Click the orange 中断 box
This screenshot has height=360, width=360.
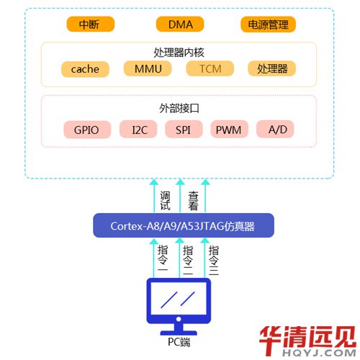(x=91, y=24)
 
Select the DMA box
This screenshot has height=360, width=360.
(x=180, y=24)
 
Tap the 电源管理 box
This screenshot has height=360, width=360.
(x=268, y=24)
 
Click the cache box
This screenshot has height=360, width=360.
(x=85, y=69)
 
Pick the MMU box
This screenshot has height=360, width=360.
(x=148, y=68)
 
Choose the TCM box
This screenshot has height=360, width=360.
(x=210, y=68)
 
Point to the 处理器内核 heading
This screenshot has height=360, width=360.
(x=179, y=53)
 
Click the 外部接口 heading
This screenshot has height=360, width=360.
(x=179, y=108)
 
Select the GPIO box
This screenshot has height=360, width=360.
(x=87, y=130)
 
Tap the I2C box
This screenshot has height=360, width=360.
(x=138, y=130)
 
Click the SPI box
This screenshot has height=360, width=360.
(x=184, y=130)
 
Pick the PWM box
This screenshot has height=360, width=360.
(x=229, y=130)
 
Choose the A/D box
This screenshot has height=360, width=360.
(x=275, y=129)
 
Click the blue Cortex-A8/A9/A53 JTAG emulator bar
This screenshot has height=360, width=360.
(x=184, y=225)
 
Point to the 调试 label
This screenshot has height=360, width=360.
(x=166, y=201)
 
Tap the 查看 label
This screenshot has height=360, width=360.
(x=193, y=201)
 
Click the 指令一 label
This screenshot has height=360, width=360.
(x=163, y=258)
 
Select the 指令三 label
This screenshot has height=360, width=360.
(x=214, y=260)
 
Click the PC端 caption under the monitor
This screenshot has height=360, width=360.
(x=179, y=342)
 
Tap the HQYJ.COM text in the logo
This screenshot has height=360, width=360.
(x=319, y=353)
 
